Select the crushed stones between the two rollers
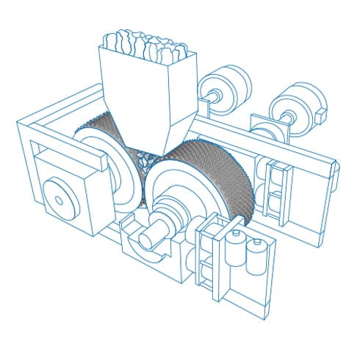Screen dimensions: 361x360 pos(143,158)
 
